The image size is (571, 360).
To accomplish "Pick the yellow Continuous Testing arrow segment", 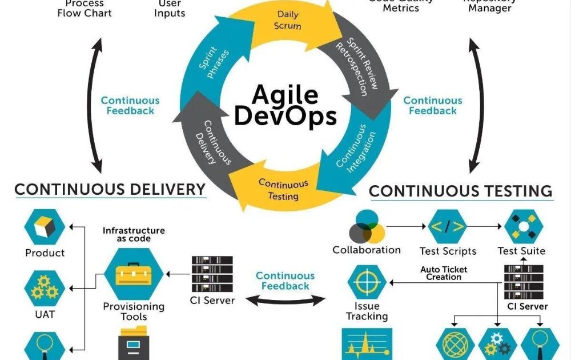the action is click(279, 189).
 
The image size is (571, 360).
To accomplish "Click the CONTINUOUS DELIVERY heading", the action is click(110, 190).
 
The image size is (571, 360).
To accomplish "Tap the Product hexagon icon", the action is click(45, 227).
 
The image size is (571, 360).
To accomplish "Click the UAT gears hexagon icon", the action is click(45, 290).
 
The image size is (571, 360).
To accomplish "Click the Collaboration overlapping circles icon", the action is click(367, 227).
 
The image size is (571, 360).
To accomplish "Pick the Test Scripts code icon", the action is click(447, 227).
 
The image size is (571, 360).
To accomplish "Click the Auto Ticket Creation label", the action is click(444, 273).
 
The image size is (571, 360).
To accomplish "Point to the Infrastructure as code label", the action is click(134, 234).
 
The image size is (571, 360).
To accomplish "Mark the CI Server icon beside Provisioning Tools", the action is click(212, 274).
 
